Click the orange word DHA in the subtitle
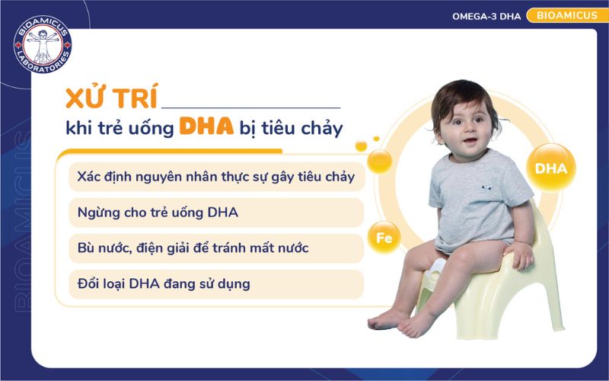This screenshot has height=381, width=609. tap(206, 126)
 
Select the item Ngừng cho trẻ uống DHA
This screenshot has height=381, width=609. tap(158, 212)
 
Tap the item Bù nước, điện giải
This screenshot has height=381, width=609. tap(193, 248)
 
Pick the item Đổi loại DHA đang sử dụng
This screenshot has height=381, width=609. tap(164, 284)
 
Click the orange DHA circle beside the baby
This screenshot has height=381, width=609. tap(551, 168)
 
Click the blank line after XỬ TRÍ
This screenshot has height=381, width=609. tap(250, 107)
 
